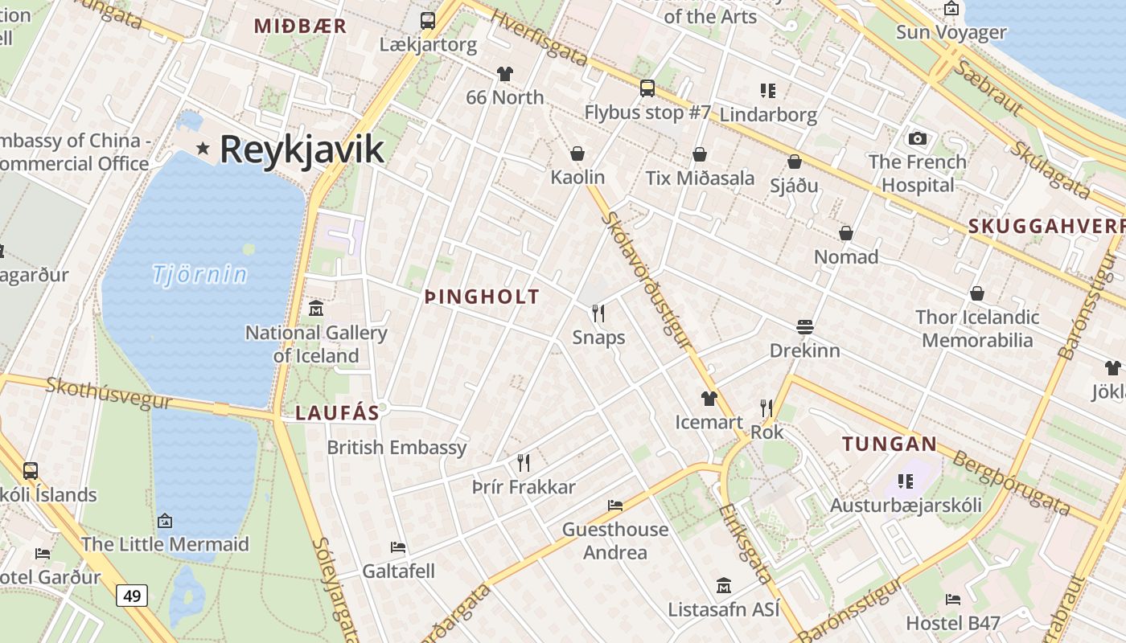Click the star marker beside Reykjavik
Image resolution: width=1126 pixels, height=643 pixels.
(x=203, y=148)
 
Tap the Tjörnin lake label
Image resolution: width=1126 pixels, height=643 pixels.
(x=200, y=275)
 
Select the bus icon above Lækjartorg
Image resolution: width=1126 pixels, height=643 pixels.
(x=428, y=21)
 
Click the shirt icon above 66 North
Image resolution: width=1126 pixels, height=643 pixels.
(x=504, y=74)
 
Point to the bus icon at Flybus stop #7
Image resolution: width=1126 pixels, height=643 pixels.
(x=647, y=88)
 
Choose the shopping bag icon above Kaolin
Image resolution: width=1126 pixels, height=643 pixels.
(x=577, y=154)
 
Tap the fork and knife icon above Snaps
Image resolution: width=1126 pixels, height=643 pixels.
(x=598, y=313)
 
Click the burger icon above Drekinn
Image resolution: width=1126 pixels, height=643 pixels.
(x=805, y=326)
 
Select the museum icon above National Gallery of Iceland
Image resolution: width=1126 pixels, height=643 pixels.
(x=316, y=308)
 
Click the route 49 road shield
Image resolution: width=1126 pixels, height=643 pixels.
(x=132, y=596)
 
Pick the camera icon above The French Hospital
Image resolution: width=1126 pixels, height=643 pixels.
(x=918, y=138)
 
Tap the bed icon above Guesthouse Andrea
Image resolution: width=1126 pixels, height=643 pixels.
(x=615, y=506)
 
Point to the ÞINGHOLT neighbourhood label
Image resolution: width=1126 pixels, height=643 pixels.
(x=482, y=297)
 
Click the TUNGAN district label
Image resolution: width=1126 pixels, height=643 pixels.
(x=890, y=444)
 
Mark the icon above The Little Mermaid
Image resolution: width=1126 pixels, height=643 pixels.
(x=165, y=521)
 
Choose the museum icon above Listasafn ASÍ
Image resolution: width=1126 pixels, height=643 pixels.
(x=724, y=585)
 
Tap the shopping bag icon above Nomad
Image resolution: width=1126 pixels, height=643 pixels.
(x=846, y=233)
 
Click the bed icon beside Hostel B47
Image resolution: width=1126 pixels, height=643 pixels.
(x=953, y=600)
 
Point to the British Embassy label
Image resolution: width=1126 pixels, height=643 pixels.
(x=397, y=447)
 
